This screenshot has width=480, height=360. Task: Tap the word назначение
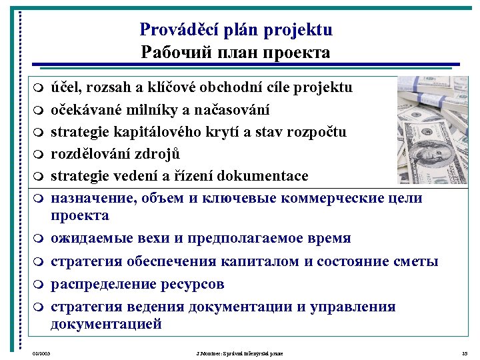92,198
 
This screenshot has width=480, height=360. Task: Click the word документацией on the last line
106,325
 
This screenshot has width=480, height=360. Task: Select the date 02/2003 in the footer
41,353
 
